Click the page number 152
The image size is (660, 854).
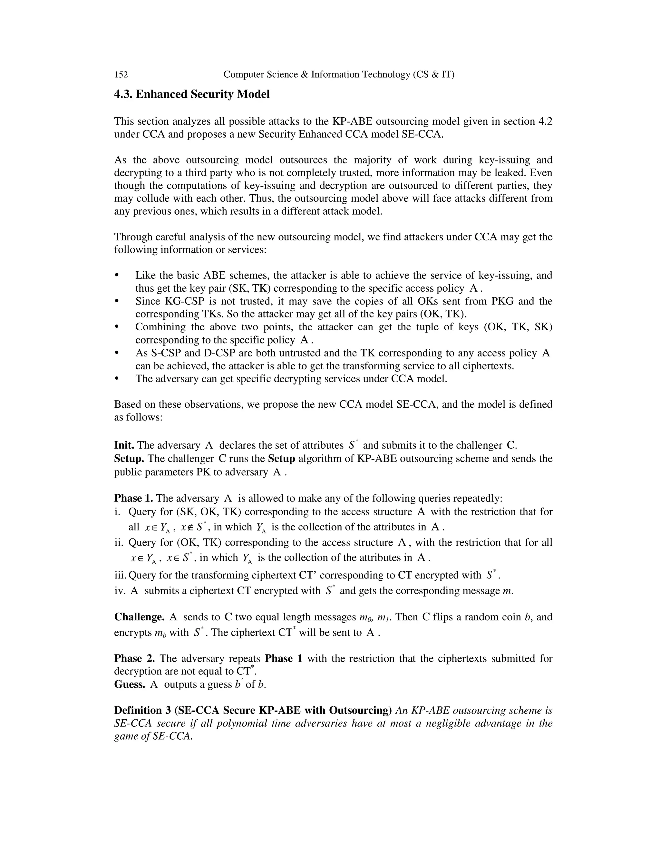(x=121, y=74)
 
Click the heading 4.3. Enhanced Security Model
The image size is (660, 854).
(x=192, y=95)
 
